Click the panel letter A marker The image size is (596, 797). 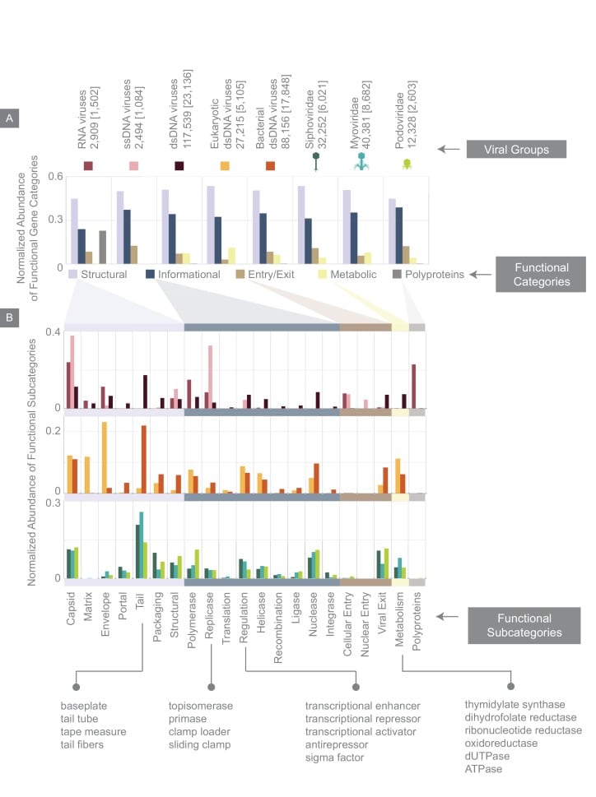9,118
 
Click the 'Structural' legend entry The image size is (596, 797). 97,274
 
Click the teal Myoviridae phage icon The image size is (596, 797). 361,163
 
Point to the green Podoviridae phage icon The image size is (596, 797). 406,164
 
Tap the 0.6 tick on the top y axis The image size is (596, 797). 55,177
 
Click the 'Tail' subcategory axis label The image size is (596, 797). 141,604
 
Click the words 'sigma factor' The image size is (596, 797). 333,758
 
